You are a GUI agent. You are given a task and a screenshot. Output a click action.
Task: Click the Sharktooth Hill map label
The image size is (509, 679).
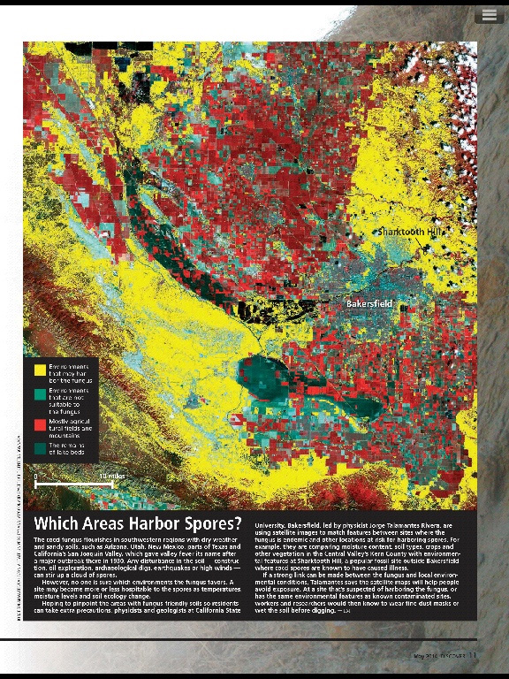411,231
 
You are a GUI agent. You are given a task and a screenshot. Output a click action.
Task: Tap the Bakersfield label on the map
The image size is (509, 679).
369,304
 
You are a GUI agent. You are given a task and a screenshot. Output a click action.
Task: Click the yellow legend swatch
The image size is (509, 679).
41,369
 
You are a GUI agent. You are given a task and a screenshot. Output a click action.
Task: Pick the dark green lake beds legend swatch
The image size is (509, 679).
41,449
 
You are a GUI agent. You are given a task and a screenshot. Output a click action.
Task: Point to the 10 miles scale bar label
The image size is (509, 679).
110,477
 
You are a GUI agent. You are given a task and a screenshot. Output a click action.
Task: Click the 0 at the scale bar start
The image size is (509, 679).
36,477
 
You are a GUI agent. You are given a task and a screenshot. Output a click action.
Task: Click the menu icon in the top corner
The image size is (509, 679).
489,15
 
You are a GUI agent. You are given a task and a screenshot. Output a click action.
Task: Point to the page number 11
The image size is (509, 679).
473,655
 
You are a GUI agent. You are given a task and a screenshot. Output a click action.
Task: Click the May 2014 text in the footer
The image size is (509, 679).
427,655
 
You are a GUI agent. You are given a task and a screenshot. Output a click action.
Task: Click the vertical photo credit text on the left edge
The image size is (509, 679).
19,522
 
